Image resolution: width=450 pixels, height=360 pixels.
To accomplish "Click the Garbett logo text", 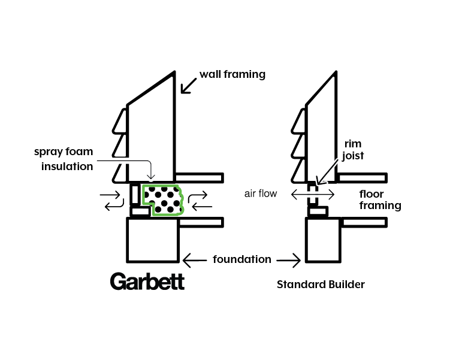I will point(147,282).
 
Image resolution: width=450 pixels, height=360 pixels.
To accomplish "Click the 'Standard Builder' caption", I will point(320,285).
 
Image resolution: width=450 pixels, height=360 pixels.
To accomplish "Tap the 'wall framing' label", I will point(232,75).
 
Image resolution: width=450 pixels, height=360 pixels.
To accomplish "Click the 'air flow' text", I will point(261,194).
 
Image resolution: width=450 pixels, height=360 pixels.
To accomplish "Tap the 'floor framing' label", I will point(380,200).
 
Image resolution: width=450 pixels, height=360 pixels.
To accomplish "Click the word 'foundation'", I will point(242,260).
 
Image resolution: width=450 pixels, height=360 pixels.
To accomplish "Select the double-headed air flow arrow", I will point(312,194).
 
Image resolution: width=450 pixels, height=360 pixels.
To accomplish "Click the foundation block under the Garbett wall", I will point(153,240).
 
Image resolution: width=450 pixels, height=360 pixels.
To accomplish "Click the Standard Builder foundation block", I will point(323,240).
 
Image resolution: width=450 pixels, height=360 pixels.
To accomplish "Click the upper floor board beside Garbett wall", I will point(199,178).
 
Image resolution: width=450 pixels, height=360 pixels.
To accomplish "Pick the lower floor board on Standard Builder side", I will point(364,222).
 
